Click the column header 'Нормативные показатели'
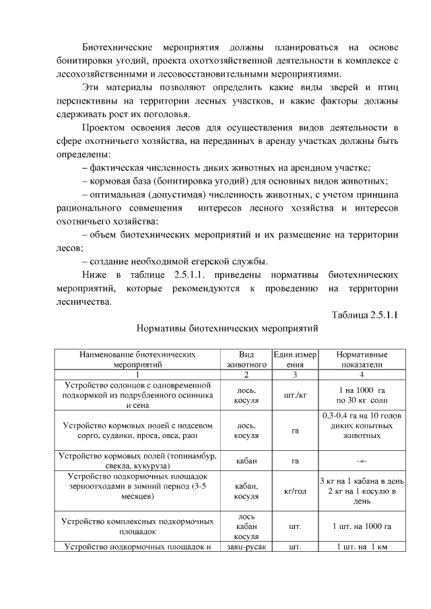362,358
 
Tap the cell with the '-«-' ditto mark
362,461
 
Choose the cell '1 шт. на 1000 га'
362,526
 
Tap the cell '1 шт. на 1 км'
362,546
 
